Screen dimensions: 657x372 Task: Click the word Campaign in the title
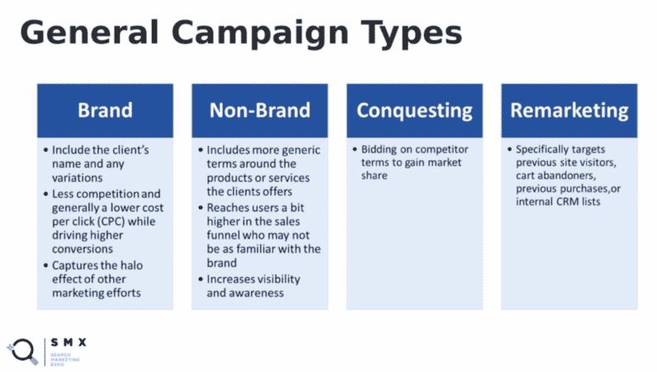point(259,34)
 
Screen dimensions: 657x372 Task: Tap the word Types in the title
point(412,34)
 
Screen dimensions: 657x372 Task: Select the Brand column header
point(105,111)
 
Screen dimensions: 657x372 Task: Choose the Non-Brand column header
point(260,111)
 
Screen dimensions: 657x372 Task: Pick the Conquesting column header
point(414,111)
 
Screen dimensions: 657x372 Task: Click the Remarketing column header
point(570,111)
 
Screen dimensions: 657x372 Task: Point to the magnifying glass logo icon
point(22,351)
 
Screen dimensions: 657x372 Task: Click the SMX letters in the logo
point(69,342)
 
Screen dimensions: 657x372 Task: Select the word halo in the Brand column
point(131,265)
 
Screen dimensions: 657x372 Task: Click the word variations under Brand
point(77,177)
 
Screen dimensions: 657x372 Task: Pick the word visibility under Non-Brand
point(276,280)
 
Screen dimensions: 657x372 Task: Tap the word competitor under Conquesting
point(443,149)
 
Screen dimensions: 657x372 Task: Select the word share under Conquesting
point(374,176)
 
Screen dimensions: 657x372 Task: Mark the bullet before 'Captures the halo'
point(45,266)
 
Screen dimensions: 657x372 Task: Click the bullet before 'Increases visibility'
point(201,280)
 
